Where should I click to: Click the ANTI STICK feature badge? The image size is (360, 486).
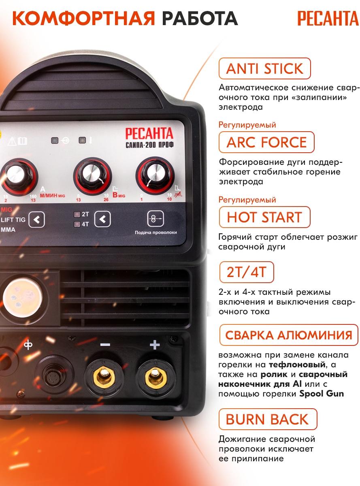pyautogui.click(x=264, y=68)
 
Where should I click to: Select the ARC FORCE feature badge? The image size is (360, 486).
pyautogui.click(x=266, y=142)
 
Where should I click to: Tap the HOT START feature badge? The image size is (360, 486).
pyautogui.click(x=264, y=217)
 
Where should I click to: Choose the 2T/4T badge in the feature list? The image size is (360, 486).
pyautogui.click(x=247, y=272)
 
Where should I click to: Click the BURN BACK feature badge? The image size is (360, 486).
pyautogui.click(x=268, y=419)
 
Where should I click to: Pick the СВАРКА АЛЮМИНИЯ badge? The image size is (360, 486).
pyautogui.click(x=289, y=335)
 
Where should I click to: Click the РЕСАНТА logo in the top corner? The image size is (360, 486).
pyautogui.click(x=328, y=19)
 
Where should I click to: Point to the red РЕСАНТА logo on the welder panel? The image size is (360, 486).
pyautogui.click(x=149, y=133)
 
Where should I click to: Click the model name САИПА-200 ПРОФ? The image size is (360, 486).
pyautogui.click(x=149, y=145)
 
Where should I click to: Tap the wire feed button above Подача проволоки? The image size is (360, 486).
pyautogui.click(x=156, y=218)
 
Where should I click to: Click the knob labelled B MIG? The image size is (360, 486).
pyautogui.click(x=92, y=176)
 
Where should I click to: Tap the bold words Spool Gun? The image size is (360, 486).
pyautogui.click(x=322, y=394)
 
